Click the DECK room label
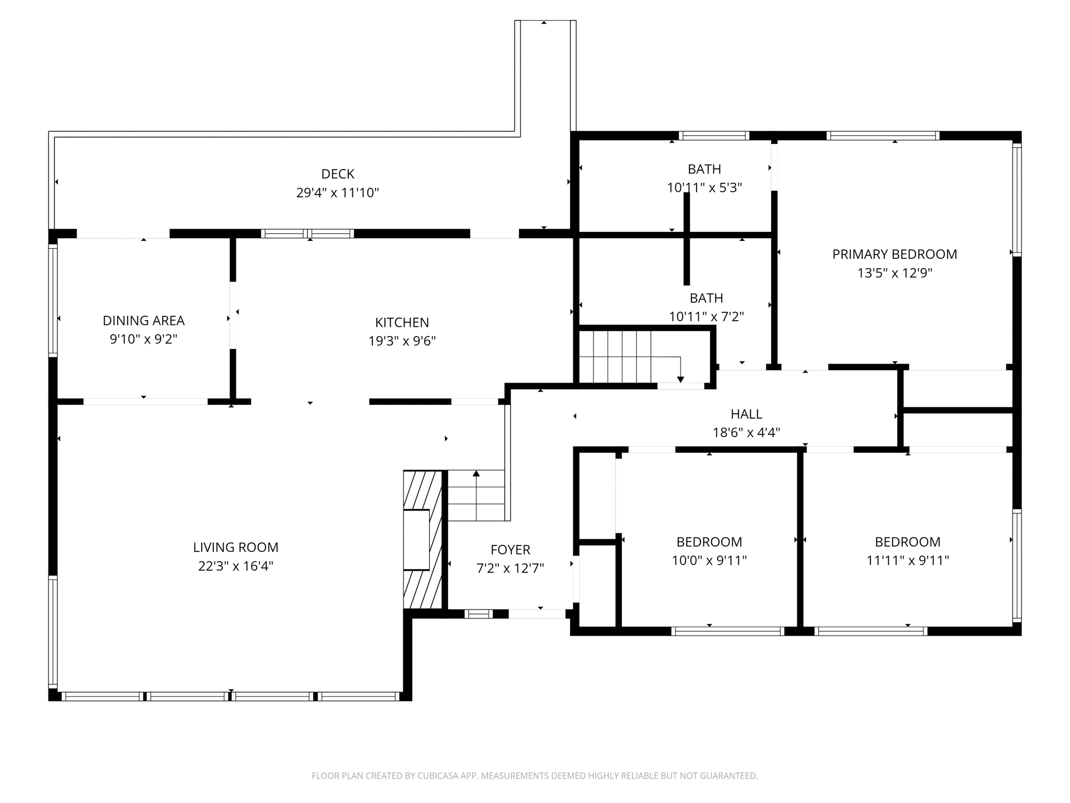pyautogui.click(x=338, y=174)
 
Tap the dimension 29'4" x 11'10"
pyautogui.click(x=338, y=193)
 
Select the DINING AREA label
pyautogui.click(x=144, y=321)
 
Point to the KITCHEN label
pyautogui.click(x=402, y=322)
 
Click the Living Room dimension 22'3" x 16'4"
pyautogui.click(x=236, y=566)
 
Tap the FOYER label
pyautogui.click(x=510, y=550)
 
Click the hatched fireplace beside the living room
pyautogui.click(x=422, y=539)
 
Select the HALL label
pyautogui.click(x=746, y=414)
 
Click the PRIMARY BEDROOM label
pyautogui.click(x=894, y=254)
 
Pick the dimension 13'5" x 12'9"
pyautogui.click(x=894, y=273)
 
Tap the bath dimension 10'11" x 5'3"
pyautogui.click(x=704, y=188)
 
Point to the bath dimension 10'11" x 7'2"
pyautogui.click(x=706, y=317)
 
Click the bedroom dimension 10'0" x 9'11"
pyautogui.click(x=709, y=560)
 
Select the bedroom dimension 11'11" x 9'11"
pyautogui.click(x=907, y=560)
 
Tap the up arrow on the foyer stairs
pyautogui.click(x=476, y=474)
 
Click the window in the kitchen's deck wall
pyautogui.click(x=308, y=234)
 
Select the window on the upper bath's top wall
pyautogui.click(x=713, y=136)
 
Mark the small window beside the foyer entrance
pyautogui.click(x=478, y=614)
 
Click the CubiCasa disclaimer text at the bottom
pyautogui.click(x=534, y=776)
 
